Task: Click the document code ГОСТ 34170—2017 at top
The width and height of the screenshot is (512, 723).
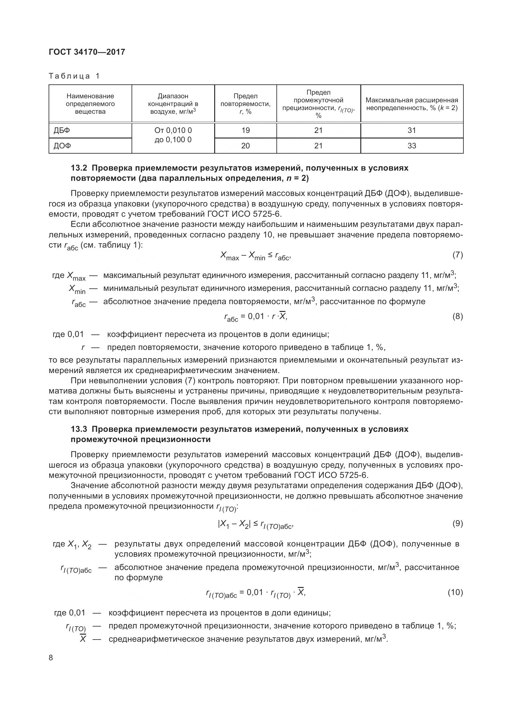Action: pos(87,52)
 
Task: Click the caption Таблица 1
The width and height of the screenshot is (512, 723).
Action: pos(74,76)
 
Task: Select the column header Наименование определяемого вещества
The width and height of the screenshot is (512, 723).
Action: pos(90,104)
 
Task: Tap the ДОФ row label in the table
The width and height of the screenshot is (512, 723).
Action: pos(62,146)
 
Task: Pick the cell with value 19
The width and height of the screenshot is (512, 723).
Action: pos(245,130)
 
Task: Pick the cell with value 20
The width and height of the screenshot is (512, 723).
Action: pos(245,146)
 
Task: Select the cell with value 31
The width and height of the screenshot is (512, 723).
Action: pos(412,130)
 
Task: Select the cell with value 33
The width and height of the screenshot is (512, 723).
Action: pos(412,146)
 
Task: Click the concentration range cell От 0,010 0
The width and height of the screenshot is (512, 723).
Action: pos(173,130)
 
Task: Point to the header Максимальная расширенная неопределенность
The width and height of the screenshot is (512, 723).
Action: pos(412,104)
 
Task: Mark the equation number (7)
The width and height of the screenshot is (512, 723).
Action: pos(458,255)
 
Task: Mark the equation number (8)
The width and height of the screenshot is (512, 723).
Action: pos(458,317)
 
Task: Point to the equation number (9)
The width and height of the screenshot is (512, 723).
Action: pos(458,523)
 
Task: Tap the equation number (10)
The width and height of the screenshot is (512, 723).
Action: pos(455,592)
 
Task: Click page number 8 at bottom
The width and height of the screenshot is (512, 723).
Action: pos(51,658)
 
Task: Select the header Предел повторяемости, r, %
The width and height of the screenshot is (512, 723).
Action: pos(245,104)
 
